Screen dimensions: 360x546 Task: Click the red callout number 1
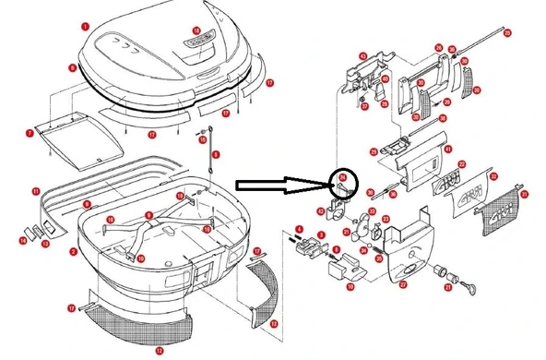coord(85,28)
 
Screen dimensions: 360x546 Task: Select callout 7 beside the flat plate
coord(30,134)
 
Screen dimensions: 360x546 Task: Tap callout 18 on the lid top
coord(196,31)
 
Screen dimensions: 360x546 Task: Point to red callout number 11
coord(34,192)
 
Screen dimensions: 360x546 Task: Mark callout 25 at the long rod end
coord(506,31)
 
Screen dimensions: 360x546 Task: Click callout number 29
coord(372,152)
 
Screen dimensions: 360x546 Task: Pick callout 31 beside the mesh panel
coord(525,194)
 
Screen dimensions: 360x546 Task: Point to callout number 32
coord(493,175)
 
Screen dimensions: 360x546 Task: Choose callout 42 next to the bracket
coord(321,211)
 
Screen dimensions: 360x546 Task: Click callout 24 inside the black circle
coord(342,176)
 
